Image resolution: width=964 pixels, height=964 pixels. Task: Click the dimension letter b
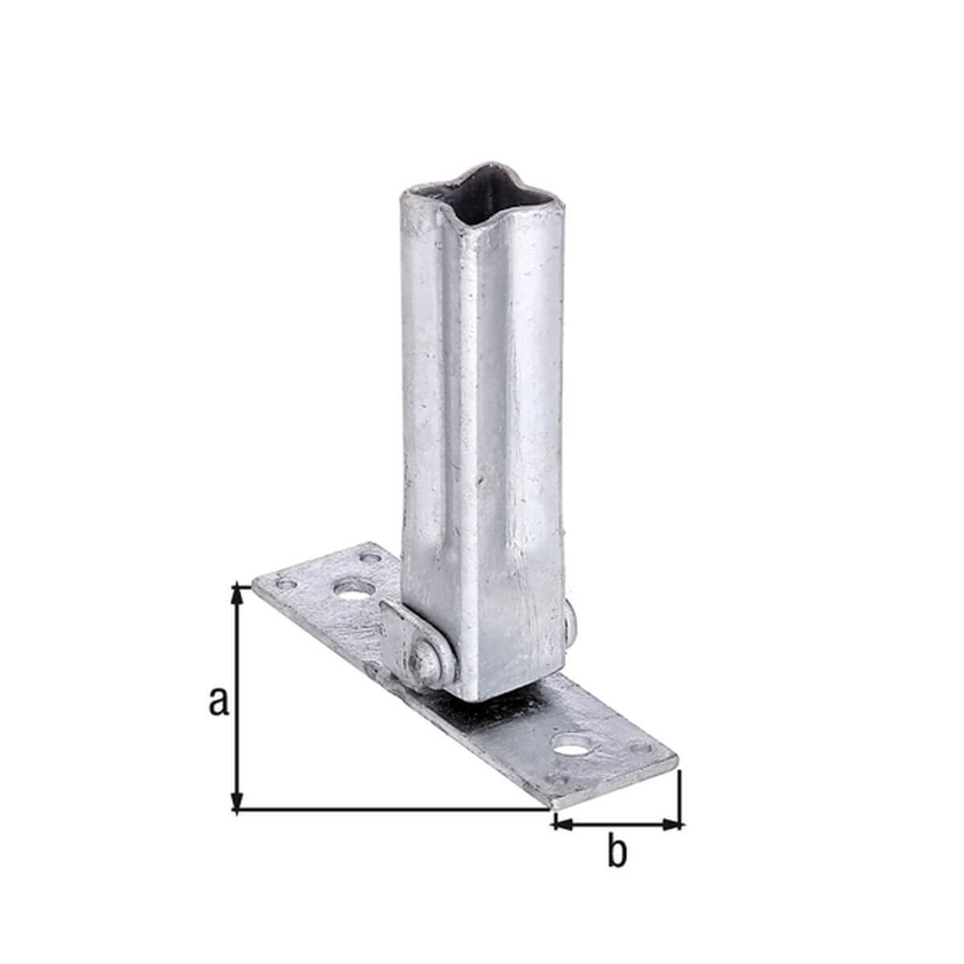[616, 852]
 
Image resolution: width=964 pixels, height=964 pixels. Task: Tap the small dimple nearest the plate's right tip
[640, 748]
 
